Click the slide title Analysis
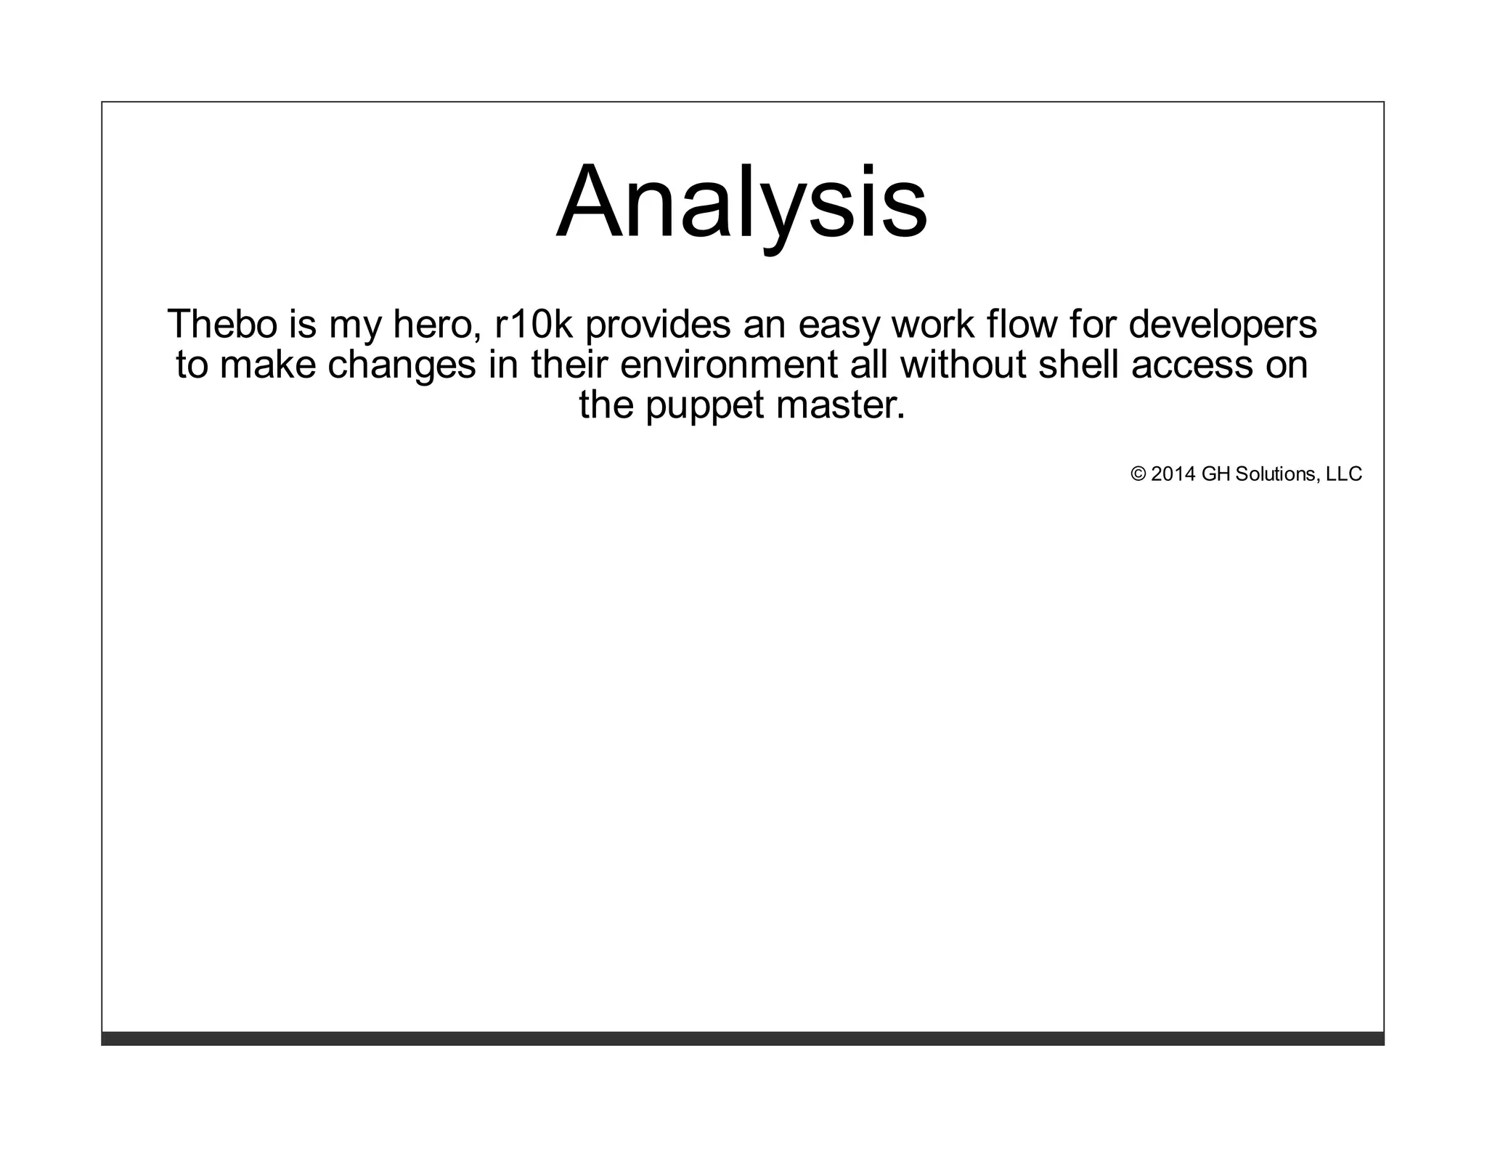click(741, 202)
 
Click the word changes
click(402, 365)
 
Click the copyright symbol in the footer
click(1138, 474)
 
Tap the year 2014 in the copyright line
click(1173, 474)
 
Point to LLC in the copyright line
click(1344, 474)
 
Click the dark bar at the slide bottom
click(742, 1038)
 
